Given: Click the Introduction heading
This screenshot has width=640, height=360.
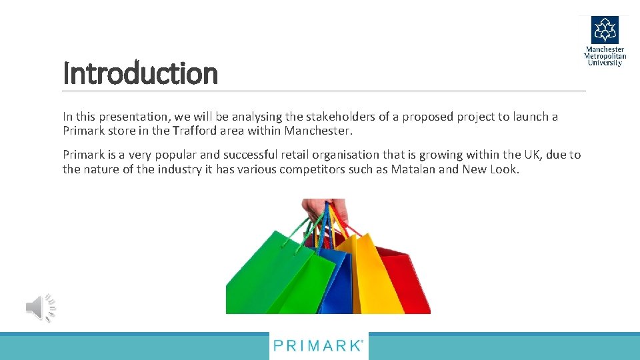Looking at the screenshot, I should pos(140,73).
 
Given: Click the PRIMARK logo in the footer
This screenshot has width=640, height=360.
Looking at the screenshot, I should pos(319,346).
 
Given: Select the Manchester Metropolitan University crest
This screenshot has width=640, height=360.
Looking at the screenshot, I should pos(605,31).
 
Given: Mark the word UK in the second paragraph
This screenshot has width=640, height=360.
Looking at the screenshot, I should pos(533,155).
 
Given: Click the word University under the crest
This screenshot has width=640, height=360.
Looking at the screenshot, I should pos(605,63).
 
